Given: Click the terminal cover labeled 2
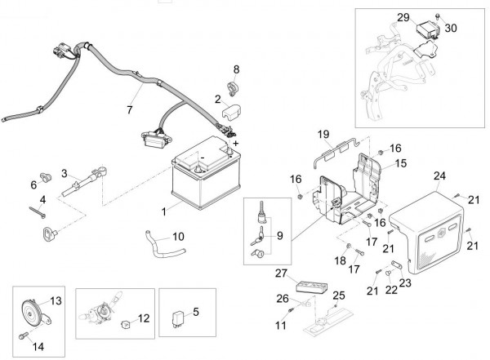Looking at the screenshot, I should pyautogui.click(x=227, y=109).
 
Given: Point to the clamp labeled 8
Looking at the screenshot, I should pyautogui.click(x=232, y=87).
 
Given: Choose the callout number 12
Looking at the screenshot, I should pyautogui.click(x=144, y=318).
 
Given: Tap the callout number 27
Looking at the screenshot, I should pyautogui.click(x=282, y=273).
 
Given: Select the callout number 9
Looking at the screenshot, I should pyautogui.click(x=279, y=236).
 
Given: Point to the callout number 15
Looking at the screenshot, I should pyautogui.click(x=400, y=164).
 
